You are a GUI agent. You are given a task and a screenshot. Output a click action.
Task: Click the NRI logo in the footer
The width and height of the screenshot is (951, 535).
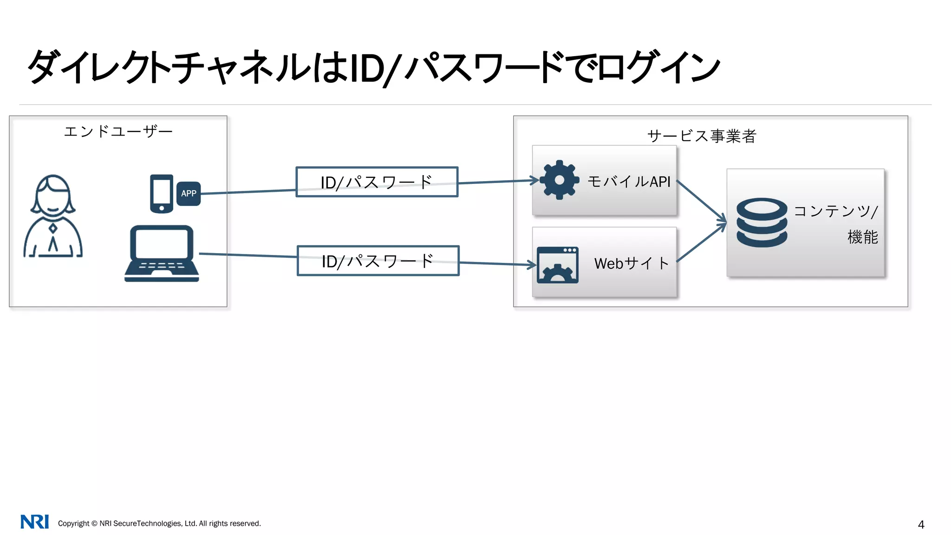(34, 522)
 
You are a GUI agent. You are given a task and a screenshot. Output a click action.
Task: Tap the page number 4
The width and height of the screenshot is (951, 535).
(921, 525)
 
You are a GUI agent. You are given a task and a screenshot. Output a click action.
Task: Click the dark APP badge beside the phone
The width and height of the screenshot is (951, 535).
(189, 193)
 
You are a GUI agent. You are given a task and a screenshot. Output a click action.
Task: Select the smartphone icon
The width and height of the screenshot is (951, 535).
(162, 194)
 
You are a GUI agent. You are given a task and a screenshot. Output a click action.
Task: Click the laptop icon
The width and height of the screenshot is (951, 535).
(162, 254)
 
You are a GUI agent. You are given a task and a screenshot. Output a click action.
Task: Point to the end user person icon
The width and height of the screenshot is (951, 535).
(53, 216)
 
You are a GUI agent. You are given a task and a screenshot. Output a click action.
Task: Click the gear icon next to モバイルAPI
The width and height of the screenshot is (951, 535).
(559, 180)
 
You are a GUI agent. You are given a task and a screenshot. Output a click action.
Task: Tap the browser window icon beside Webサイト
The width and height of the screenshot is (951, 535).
(557, 265)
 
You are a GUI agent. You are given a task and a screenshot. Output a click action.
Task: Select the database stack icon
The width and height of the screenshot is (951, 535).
(762, 222)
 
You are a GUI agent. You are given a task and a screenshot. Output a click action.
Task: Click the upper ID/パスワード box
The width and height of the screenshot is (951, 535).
(377, 182)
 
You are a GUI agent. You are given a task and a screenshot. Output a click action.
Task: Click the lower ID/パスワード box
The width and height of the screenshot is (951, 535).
(378, 261)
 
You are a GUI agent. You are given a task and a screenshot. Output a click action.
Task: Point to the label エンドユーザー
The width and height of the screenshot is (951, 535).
(118, 131)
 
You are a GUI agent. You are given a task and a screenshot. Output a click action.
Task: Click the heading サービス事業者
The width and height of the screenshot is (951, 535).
(702, 136)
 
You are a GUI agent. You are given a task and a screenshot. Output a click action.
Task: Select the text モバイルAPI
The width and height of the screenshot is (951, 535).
(629, 182)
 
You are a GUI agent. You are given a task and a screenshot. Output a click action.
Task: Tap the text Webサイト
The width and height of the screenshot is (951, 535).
(631, 263)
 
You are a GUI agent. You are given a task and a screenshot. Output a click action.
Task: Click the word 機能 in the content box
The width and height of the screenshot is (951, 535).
(862, 237)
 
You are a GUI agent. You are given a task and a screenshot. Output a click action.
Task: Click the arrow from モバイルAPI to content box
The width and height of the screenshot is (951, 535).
(701, 201)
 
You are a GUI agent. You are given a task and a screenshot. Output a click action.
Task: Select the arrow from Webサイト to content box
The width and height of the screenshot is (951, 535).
(701, 243)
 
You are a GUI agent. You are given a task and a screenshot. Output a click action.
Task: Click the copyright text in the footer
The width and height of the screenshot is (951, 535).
(159, 523)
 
